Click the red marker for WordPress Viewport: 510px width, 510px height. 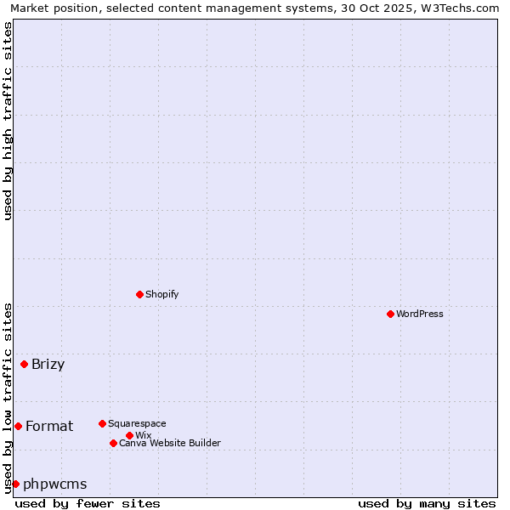(x=390, y=314)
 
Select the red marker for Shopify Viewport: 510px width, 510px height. (x=139, y=294)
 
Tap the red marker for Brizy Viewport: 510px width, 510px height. (x=24, y=365)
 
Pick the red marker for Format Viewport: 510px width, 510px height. (x=18, y=426)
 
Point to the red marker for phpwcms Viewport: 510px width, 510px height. (x=15, y=484)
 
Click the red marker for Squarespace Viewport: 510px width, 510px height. (x=102, y=423)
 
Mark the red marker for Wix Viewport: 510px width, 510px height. (x=129, y=435)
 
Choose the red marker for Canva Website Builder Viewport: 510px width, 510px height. (x=113, y=443)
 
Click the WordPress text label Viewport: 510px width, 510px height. (x=420, y=314)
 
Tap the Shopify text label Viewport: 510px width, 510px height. (x=162, y=294)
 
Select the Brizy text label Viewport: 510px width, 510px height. (x=48, y=365)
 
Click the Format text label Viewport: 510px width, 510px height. (x=49, y=426)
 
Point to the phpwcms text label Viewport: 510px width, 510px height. (x=55, y=484)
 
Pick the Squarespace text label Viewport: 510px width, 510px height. (x=137, y=423)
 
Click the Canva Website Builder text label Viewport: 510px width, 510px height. (x=170, y=443)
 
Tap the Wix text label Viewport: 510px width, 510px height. (x=144, y=435)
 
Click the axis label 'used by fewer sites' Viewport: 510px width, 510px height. (x=88, y=503)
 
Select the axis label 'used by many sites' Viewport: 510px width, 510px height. (x=427, y=503)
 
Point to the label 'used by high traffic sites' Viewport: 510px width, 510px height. (x=8, y=121)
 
